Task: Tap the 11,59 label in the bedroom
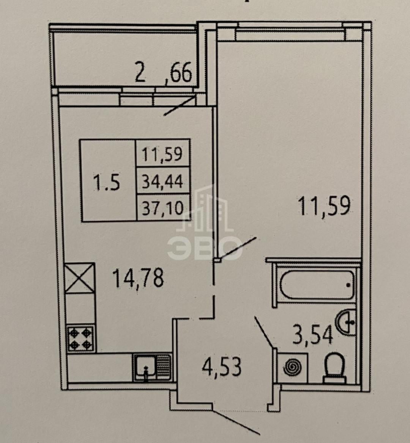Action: point(324,206)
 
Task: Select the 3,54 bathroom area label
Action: point(312,335)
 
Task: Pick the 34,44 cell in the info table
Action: point(163,182)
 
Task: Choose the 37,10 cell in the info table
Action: point(163,208)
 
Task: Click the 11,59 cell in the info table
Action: point(162,154)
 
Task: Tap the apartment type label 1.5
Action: point(107,183)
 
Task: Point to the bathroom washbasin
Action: point(347,322)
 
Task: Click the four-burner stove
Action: point(80,338)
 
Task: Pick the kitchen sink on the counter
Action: point(152,366)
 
